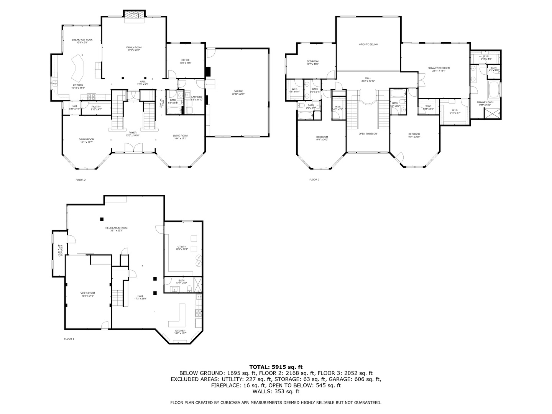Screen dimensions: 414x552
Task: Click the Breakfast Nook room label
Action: pyautogui.click(x=82, y=40)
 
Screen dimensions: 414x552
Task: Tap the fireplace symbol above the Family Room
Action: pyautogui.click(x=134, y=15)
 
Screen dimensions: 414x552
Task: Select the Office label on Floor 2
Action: pyautogui.click(x=186, y=60)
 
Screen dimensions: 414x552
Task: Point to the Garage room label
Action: pyautogui.click(x=238, y=91)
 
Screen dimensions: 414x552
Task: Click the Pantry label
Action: pyautogui.click(x=96, y=107)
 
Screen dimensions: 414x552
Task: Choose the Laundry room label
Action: pyautogui.click(x=197, y=97)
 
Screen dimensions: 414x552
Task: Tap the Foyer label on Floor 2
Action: pyautogui.click(x=133, y=133)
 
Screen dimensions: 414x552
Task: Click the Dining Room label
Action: pyautogui.click(x=87, y=140)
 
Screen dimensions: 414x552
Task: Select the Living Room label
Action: pyautogui.click(x=180, y=135)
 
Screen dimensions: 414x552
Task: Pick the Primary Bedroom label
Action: pyautogui.click(x=439, y=68)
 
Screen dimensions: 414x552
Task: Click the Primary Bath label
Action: pyautogui.click(x=485, y=102)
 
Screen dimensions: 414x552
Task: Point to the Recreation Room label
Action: pyautogui.click(x=116, y=228)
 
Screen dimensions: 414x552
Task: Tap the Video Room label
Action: pyautogui.click(x=87, y=293)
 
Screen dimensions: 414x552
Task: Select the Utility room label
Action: pyautogui.click(x=182, y=246)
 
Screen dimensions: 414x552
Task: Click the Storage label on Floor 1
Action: pyautogui.click(x=59, y=250)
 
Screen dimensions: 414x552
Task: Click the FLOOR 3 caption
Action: pyautogui.click(x=314, y=179)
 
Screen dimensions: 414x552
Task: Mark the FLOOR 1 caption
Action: pyautogui.click(x=69, y=339)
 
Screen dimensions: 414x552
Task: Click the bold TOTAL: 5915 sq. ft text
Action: pyautogui.click(x=276, y=367)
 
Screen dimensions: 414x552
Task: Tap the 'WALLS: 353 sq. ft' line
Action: pyautogui.click(x=276, y=391)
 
